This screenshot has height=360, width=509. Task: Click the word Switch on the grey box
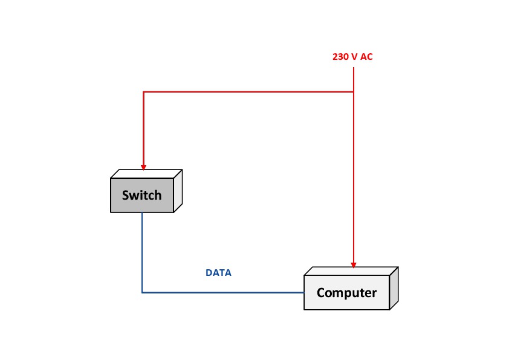click(141, 195)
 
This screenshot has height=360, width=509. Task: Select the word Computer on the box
click(346, 293)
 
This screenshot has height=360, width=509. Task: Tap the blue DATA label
click(219, 273)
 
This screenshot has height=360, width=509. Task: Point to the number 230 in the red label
click(340, 57)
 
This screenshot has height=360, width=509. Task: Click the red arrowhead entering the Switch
click(143, 167)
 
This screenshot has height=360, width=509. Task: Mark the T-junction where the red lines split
click(354, 92)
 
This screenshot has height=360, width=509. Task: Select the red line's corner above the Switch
click(143, 92)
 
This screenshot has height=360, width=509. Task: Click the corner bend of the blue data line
click(142, 293)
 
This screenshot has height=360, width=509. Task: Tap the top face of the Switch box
click(146, 174)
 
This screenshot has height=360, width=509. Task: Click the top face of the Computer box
click(351, 271)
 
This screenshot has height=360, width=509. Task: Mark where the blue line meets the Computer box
click(303, 293)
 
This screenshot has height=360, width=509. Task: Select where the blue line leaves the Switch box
click(142, 213)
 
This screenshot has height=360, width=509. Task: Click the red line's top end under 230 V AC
click(354, 68)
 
